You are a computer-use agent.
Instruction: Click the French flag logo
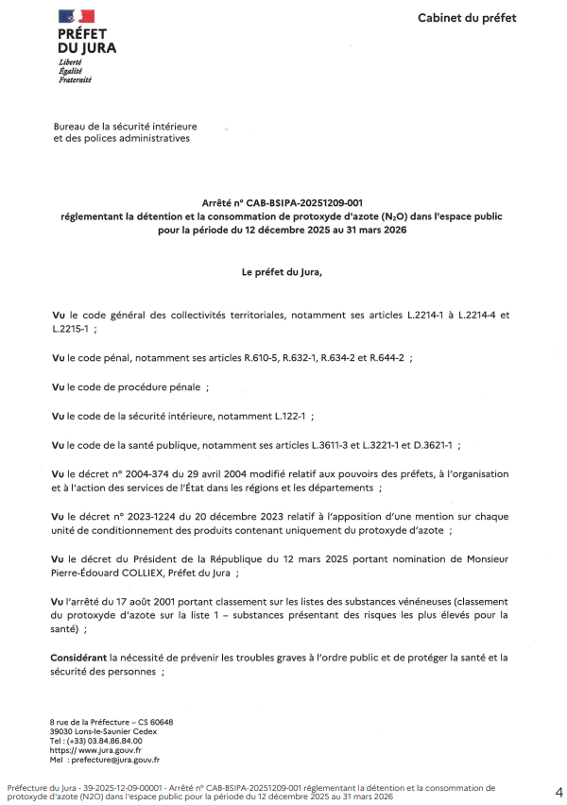(77, 16)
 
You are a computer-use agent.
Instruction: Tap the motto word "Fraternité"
(75, 80)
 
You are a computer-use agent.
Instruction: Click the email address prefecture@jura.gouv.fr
(113, 759)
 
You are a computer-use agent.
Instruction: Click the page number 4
(558, 791)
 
